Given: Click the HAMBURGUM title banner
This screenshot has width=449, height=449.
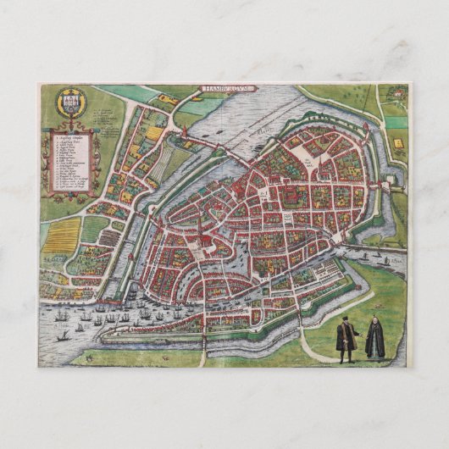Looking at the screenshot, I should (231, 87).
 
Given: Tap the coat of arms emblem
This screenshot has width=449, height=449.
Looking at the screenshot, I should (70, 104).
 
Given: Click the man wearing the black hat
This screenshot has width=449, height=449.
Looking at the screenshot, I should (345, 339).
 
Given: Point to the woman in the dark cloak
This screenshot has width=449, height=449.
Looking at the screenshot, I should (374, 340).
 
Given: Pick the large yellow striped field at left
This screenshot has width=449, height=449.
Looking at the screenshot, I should (62, 236).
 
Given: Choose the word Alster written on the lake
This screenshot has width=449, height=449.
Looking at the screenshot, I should (264, 127).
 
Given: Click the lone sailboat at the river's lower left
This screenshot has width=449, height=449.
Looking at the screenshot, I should (63, 337).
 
